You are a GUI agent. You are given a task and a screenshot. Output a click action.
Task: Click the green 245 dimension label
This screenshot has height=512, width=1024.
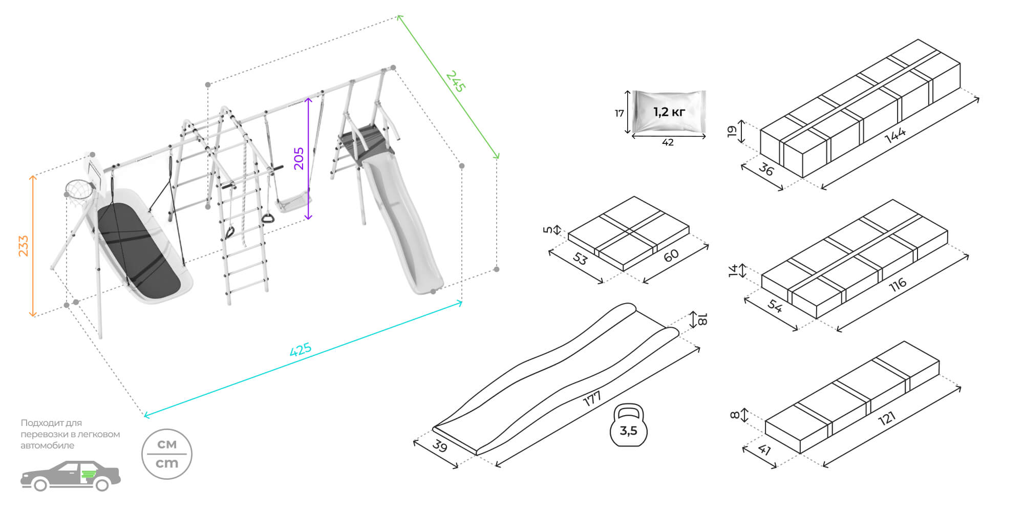(455, 81)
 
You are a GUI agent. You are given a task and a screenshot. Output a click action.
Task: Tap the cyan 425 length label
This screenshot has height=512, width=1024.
(301, 350)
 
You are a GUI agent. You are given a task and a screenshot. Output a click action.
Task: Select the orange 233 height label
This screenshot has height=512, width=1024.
(24, 246)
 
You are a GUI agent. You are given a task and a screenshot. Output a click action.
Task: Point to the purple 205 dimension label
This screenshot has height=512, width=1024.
(299, 158)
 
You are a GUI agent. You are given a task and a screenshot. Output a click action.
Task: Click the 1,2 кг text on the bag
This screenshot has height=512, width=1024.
(669, 112)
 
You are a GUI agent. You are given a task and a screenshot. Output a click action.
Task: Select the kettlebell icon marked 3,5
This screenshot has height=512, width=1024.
(629, 426)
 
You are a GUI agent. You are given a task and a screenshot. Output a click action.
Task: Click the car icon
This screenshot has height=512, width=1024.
(71, 476)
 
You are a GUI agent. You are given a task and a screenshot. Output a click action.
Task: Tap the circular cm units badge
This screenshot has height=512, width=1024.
(167, 454)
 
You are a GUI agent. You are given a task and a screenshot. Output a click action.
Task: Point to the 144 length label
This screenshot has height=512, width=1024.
(895, 135)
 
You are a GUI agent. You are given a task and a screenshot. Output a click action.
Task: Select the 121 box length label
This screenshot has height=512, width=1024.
(887, 418)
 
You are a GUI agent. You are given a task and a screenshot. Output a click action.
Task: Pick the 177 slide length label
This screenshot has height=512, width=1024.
(592, 398)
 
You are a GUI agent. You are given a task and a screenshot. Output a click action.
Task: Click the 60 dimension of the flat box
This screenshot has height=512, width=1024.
(671, 255)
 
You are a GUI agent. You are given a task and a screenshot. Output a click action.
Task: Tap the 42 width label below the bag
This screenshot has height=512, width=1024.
(668, 143)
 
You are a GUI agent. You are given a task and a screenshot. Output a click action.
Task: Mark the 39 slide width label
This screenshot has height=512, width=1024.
(440, 446)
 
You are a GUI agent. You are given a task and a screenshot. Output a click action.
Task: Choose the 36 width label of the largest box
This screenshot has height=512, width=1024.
(766, 169)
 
